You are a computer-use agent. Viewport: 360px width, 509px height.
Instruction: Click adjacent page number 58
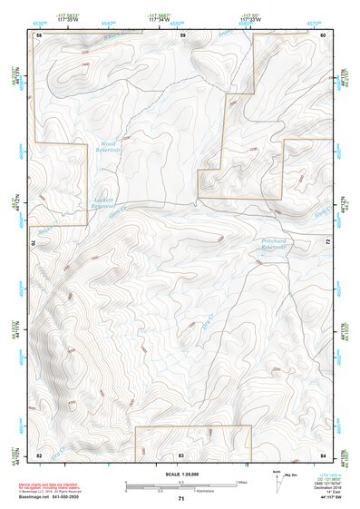click(x=39, y=34)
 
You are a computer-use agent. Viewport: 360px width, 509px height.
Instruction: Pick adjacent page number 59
click(x=182, y=34)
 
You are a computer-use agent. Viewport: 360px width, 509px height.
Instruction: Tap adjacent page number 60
click(x=324, y=34)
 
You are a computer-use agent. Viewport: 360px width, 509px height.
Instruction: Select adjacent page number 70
click(x=36, y=242)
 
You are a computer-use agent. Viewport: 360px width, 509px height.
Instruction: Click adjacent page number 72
click(x=327, y=240)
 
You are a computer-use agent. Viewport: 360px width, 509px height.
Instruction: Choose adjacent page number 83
click(x=181, y=453)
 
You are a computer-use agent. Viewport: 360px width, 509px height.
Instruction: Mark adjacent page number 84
click(x=324, y=453)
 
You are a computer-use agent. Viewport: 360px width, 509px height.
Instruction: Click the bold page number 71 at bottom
click(x=181, y=499)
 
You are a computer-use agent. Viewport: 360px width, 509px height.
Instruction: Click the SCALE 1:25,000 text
click(x=181, y=474)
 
